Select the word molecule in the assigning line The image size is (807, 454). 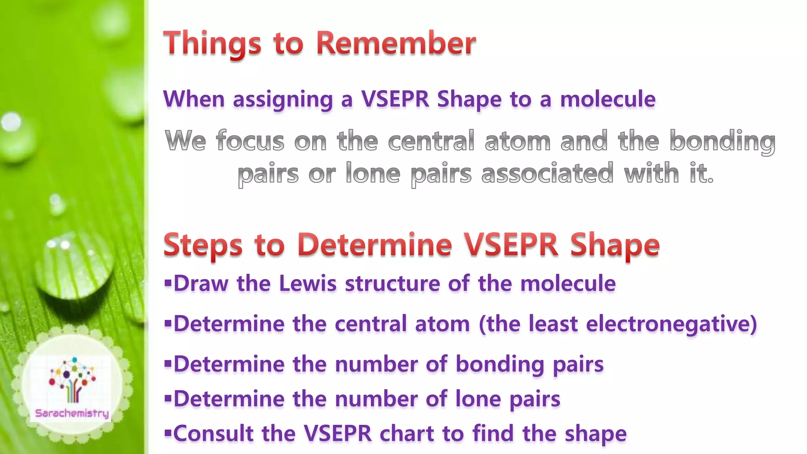608,99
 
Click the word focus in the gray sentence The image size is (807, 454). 250,141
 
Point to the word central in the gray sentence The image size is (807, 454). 431,141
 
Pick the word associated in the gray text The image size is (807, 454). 547,173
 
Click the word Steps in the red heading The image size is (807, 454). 203,246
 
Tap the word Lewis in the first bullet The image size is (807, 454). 308,283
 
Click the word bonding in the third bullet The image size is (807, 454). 499,364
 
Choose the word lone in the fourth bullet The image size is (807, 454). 477,399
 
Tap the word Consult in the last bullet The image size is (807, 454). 213,434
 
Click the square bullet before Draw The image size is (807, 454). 168,283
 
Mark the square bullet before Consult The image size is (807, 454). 168,433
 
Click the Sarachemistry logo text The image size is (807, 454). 72,413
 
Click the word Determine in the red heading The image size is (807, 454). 374,245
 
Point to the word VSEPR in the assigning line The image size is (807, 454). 395,99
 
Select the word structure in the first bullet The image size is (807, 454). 392,283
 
